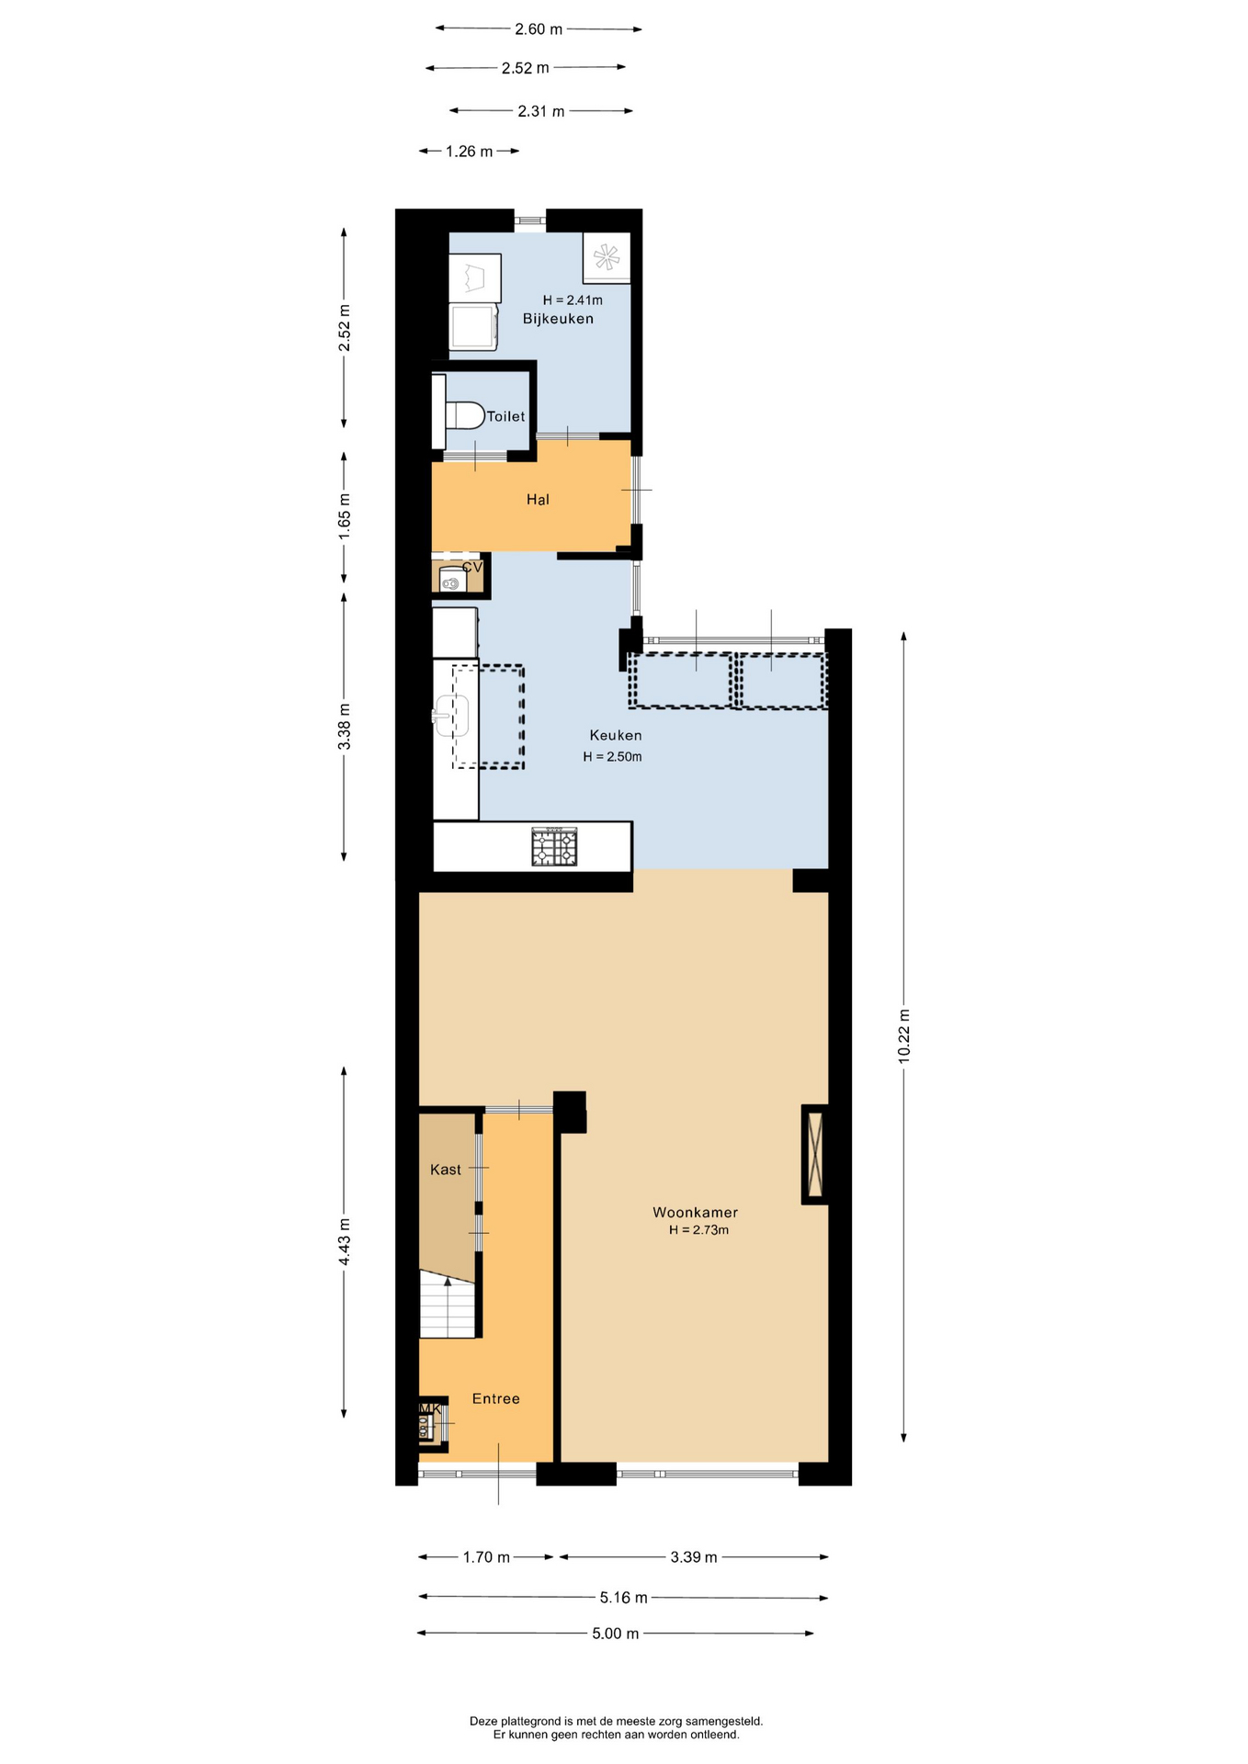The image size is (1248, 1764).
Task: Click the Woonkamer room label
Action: [695, 1212]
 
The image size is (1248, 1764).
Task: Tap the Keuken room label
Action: [616, 735]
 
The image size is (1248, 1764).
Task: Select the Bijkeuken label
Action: [558, 319]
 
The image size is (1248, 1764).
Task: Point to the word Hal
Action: [538, 500]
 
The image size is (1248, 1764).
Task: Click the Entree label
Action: [496, 1398]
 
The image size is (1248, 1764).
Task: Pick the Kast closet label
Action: [446, 1170]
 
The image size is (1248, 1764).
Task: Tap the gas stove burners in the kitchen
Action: [555, 847]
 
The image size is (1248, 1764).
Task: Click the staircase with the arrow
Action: [448, 1304]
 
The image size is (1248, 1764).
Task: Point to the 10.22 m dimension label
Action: [904, 1036]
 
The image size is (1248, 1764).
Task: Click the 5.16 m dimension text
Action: [624, 1598]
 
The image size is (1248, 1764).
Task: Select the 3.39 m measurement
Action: [694, 1557]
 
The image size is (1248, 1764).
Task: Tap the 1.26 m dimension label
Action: [470, 152]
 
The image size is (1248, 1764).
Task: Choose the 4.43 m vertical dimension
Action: [345, 1241]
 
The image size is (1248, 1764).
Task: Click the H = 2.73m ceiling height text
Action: [698, 1230]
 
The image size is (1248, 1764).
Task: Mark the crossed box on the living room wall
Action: [814, 1154]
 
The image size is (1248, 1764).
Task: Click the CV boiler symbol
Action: [450, 581]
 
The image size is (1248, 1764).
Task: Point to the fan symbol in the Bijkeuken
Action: [607, 257]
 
